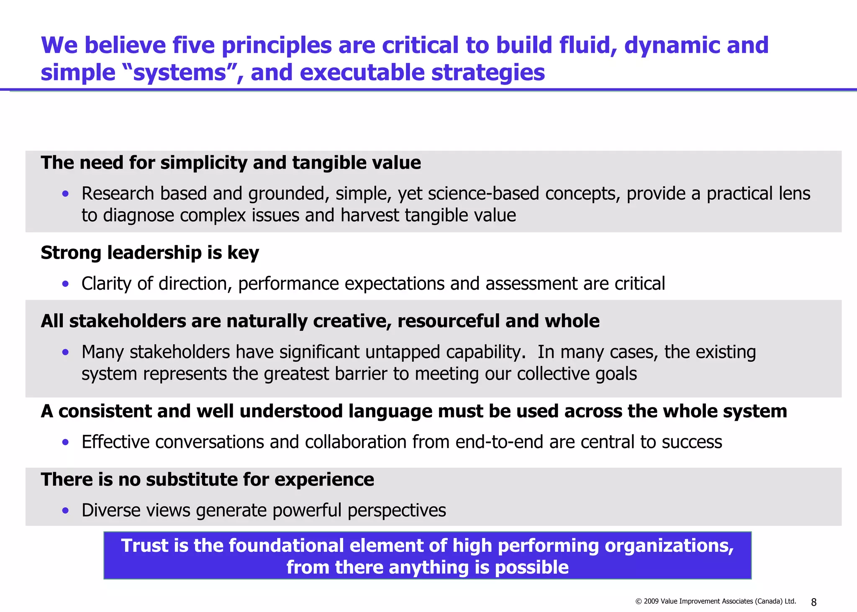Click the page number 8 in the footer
click(x=813, y=602)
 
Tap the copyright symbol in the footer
click(x=639, y=602)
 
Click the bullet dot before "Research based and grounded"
click(x=65, y=193)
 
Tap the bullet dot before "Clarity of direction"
click(x=65, y=284)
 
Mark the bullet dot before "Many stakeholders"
click(x=65, y=352)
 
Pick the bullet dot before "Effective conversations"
click(x=65, y=442)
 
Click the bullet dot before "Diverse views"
click(x=65, y=510)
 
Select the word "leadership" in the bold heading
click(x=154, y=253)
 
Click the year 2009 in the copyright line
click(x=651, y=602)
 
